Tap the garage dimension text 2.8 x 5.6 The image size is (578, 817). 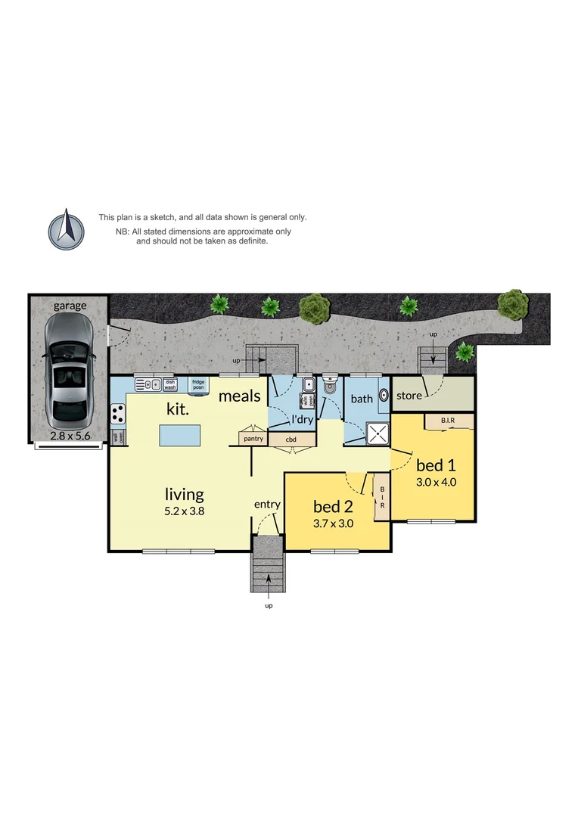[69, 436]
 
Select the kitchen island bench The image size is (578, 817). [180, 436]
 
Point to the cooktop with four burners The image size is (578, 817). [119, 413]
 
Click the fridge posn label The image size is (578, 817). [197, 384]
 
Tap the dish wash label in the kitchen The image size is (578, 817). [170, 384]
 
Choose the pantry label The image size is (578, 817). [253, 439]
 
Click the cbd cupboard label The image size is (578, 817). [291, 439]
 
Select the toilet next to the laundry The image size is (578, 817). [330, 387]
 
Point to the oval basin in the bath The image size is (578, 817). [384, 395]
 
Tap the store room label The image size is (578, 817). [409, 396]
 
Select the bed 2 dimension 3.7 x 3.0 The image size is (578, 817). [334, 523]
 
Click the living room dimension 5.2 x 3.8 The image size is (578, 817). [185, 511]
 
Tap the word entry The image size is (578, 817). [267, 505]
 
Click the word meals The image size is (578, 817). [240, 396]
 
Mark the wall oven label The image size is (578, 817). [117, 437]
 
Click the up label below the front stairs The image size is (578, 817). [268, 605]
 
